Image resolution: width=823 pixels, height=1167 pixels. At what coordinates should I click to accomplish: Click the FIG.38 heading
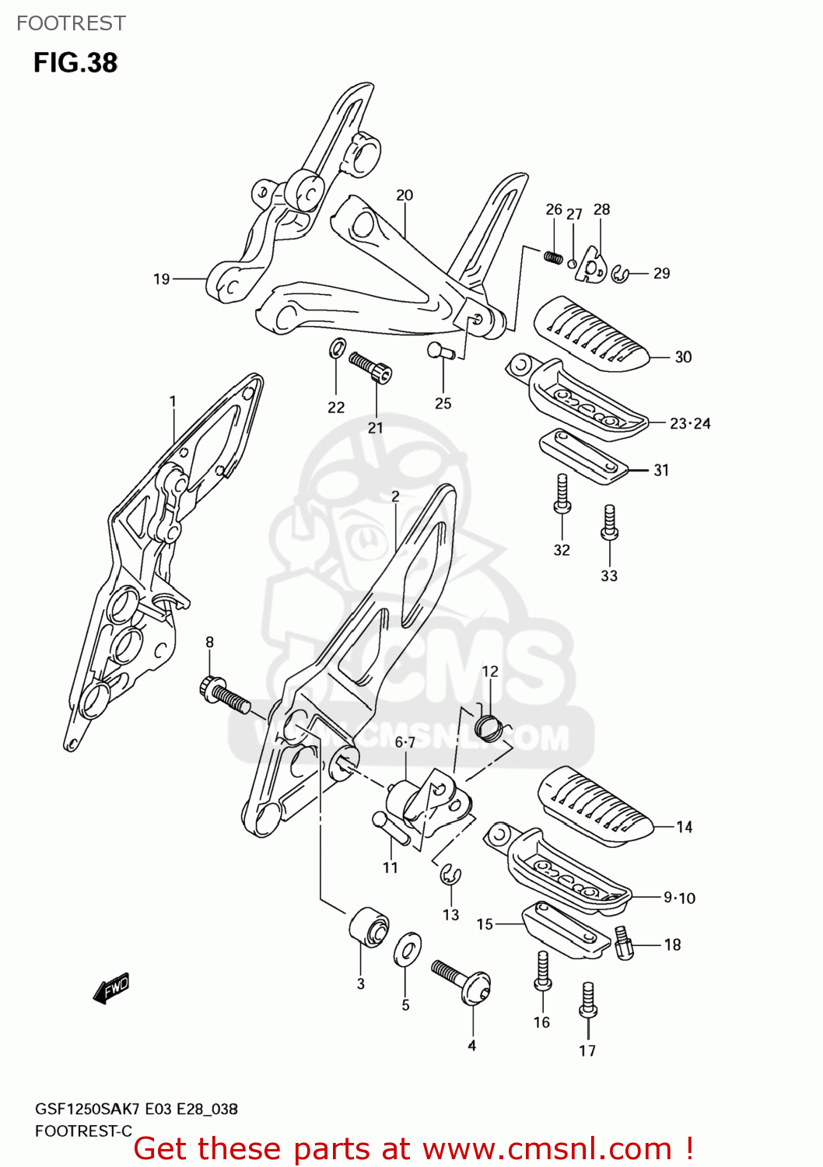[75, 63]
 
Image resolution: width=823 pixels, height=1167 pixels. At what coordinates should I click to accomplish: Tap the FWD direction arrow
[111, 988]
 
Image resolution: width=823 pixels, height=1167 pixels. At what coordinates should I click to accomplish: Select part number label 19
[161, 279]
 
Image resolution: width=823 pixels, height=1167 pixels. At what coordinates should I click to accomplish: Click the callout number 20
[404, 195]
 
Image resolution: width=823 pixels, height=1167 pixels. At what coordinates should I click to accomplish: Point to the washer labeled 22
[338, 348]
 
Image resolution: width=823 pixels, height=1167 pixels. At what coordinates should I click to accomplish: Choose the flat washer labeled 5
[407, 949]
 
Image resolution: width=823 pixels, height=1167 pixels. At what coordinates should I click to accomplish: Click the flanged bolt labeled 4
[462, 982]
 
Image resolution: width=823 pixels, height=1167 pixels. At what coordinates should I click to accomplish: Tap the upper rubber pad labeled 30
[591, 333]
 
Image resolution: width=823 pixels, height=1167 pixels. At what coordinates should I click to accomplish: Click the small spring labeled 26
[553, 257]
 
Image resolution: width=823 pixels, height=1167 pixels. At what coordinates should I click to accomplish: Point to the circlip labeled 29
[620, 274]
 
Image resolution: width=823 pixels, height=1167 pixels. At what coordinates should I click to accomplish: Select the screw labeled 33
[610, 523]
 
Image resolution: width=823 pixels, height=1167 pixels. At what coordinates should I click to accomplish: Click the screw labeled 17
[588, 1001]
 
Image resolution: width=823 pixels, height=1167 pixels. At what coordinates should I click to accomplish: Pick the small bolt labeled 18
[624, 942]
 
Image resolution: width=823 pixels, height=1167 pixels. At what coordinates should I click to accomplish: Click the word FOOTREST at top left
[71, 23]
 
